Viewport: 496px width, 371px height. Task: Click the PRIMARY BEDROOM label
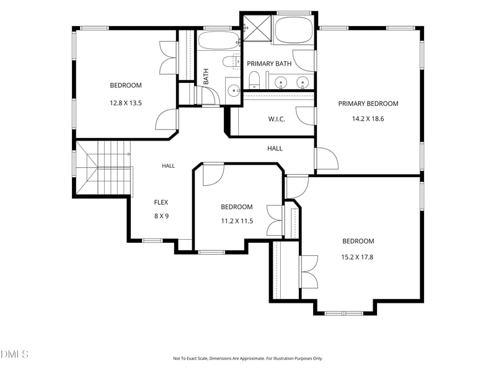(368, 103)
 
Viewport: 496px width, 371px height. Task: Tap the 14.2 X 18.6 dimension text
(368, 119)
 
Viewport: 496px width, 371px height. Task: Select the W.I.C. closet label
(277, 119)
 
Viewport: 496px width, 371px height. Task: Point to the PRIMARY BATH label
(269, 64)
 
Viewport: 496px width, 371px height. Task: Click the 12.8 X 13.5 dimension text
(126, 103)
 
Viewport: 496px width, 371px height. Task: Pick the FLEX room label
(161, 203)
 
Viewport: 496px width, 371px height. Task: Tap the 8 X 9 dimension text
(161, 216)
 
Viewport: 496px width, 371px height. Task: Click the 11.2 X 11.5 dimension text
(237, 221)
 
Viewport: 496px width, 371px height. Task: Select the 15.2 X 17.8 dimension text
(357, 257)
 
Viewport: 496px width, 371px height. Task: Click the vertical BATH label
(206, 77)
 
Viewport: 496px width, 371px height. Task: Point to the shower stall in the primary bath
(257, 28)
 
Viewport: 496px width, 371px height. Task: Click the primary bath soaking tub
(293, 30)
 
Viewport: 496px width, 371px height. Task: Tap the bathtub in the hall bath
(219, 40)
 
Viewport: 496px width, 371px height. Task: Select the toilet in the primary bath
(254, 81)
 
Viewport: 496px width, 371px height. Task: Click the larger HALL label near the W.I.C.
(275, 149)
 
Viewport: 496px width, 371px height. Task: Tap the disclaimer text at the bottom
(247, 359)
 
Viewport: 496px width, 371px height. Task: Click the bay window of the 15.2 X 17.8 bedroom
(344, 313)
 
